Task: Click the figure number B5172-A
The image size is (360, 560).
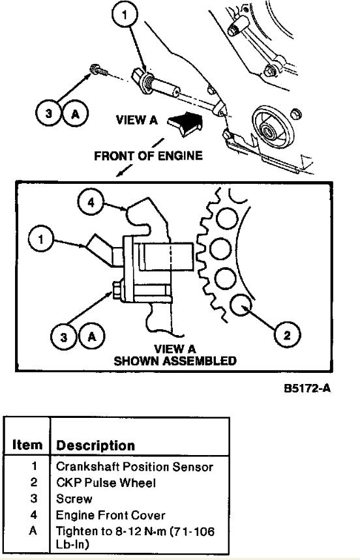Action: (x=307, y=388)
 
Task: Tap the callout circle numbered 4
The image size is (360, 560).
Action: (x=91, y=202)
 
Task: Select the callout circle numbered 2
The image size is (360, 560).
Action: (x=287, y=335)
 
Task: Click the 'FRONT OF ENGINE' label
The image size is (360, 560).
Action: (x=148, y=156)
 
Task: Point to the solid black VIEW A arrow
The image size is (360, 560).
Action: (x=185, y=123)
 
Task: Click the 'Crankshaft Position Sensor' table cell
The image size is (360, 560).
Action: (x=134, y=467)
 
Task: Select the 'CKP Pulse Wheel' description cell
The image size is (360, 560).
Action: (x=106, y=483)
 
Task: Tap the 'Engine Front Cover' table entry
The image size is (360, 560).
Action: (x=111, y=515)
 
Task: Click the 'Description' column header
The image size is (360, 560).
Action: (x=96, y=445)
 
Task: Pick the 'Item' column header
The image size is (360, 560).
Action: (x=27, y=445)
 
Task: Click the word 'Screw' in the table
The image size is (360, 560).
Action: (x=74, y=499)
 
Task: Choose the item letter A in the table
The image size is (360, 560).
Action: (x=33, y=531)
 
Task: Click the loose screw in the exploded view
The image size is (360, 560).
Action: (x=99, y=70)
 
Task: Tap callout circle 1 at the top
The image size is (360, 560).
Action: (x=125, y=15)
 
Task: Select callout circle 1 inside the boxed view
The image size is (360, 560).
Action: (x=41, y=239)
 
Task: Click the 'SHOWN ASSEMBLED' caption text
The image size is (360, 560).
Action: (x=175, y=361)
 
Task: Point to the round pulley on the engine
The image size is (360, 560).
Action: (x=273, y=126)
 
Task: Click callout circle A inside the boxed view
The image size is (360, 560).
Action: (x=92, y=337)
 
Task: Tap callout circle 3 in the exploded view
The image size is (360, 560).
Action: (x=49, y=113)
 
